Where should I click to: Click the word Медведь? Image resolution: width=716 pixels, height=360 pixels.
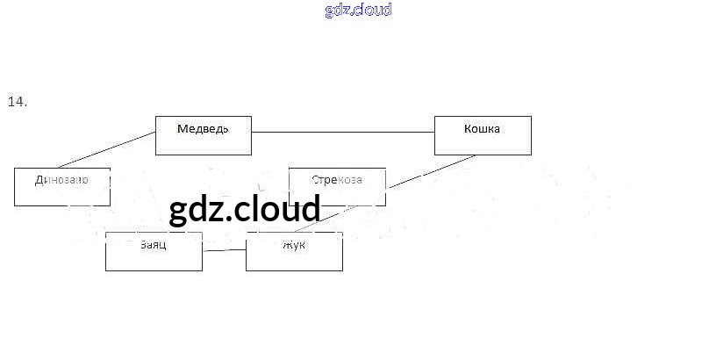203,129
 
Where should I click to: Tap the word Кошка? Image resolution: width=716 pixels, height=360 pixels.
482,129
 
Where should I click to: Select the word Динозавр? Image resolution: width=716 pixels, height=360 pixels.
61,180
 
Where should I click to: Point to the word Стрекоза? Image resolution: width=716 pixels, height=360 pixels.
336,180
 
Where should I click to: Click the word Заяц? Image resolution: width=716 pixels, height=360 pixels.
153,244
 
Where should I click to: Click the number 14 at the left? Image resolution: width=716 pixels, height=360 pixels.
18,102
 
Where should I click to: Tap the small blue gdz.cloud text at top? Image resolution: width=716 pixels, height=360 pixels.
358,11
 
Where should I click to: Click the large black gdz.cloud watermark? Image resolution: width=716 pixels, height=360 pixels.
245,210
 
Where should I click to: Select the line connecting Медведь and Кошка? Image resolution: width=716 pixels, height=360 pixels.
342,132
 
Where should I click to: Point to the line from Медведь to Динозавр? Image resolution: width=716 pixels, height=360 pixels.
105,149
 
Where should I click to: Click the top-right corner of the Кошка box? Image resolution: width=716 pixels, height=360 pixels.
531,116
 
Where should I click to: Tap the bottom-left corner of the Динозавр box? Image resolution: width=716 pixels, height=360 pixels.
14,205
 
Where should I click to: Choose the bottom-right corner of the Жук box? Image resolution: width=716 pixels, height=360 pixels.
342,270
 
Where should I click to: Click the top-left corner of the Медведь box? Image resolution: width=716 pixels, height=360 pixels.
155,116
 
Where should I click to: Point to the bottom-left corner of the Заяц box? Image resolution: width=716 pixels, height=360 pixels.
105,270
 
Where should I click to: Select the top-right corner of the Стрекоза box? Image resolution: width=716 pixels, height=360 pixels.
385,168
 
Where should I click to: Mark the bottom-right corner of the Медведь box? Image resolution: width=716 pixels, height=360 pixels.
251,155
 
